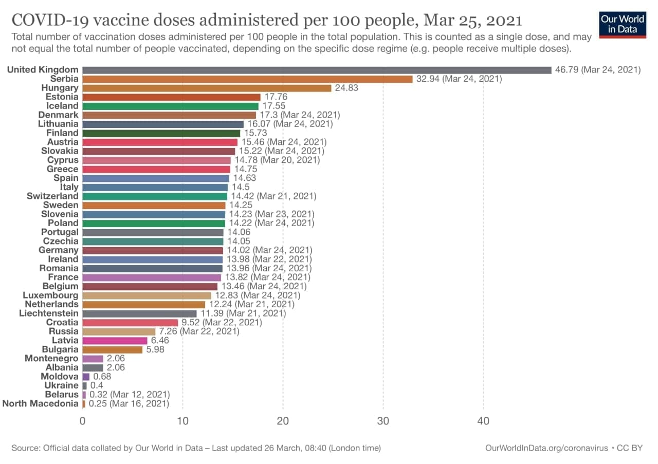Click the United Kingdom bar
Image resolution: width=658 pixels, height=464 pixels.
316,70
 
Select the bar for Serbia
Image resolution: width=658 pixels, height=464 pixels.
247,79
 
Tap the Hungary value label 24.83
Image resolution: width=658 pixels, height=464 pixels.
346,88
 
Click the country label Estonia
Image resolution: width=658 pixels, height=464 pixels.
62,97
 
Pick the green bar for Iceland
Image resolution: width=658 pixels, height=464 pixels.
170,106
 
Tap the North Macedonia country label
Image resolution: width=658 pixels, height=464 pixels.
41,404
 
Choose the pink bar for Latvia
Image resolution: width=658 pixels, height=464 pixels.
115,341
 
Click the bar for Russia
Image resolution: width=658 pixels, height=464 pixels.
119,331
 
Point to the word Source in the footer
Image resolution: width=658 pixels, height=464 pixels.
25,448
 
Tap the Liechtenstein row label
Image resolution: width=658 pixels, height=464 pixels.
49,313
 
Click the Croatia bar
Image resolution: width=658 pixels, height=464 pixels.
130,323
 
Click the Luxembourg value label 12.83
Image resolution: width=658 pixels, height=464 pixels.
226,295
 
